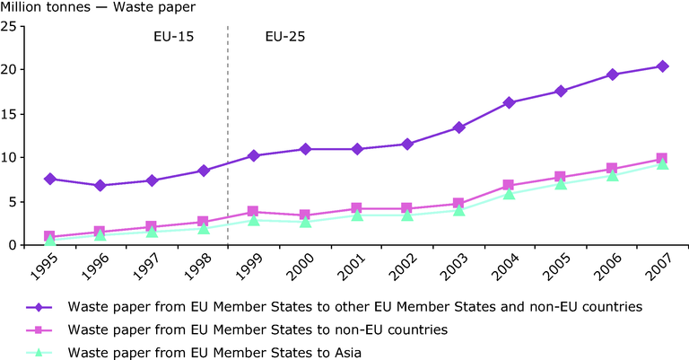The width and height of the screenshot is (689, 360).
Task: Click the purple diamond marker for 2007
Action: tap(663, 66)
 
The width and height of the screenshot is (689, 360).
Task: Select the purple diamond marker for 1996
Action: tap(100, 186)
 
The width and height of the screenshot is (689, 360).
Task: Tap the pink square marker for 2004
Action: tap(509, 185)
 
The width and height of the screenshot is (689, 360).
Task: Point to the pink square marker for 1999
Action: tap(253, 212)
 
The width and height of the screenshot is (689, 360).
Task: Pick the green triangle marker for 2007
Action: tap(663, 164)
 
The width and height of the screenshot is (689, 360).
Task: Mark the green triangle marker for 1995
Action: tap(49, 240)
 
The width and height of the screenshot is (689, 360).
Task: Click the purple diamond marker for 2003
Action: tap(458, 127)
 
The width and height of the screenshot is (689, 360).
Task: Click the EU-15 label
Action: tap(173, 37)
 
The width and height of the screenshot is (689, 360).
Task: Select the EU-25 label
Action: tap(284, 37)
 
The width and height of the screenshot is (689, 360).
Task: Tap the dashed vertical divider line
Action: tap(228, 136)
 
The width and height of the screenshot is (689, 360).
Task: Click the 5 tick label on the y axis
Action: tap(13, 202)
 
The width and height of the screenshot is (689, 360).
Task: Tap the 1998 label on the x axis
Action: tap(197, 268)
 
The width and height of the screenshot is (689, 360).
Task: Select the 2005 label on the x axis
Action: tap(556, 268)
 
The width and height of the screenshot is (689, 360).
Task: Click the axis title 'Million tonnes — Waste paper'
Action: tap(98, 7)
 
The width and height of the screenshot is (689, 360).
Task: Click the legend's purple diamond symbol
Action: tap(39, 307)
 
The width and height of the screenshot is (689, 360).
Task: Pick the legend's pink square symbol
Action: tap(39, 330)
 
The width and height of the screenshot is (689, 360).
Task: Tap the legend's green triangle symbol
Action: tap(39, 352)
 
